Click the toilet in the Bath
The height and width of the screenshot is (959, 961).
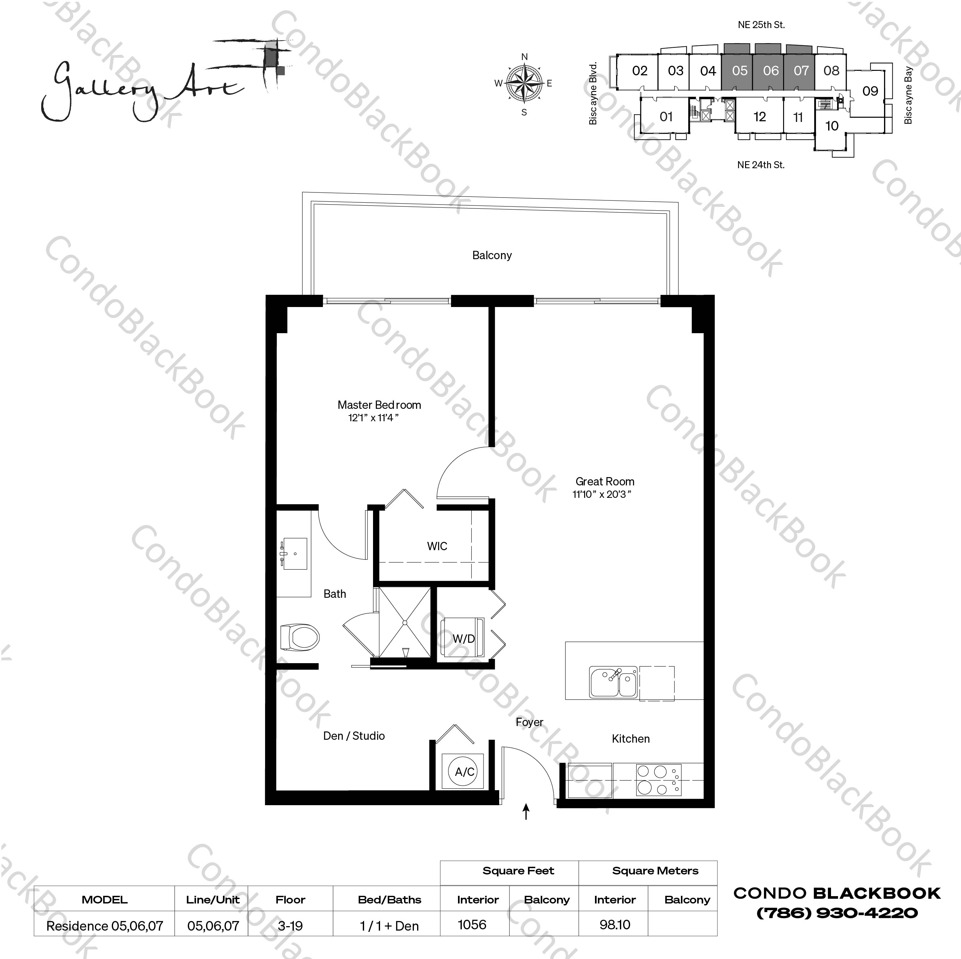(300, 637)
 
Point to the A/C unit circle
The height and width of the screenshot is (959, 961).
(465, 772)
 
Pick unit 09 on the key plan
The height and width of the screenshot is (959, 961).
(870, 91)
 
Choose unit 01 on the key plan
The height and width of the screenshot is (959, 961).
(666, 117)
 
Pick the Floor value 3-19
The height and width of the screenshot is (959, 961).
(291, 926)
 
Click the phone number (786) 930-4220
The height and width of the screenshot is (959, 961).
(837, 913)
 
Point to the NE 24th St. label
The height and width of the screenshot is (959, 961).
(761, 165)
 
